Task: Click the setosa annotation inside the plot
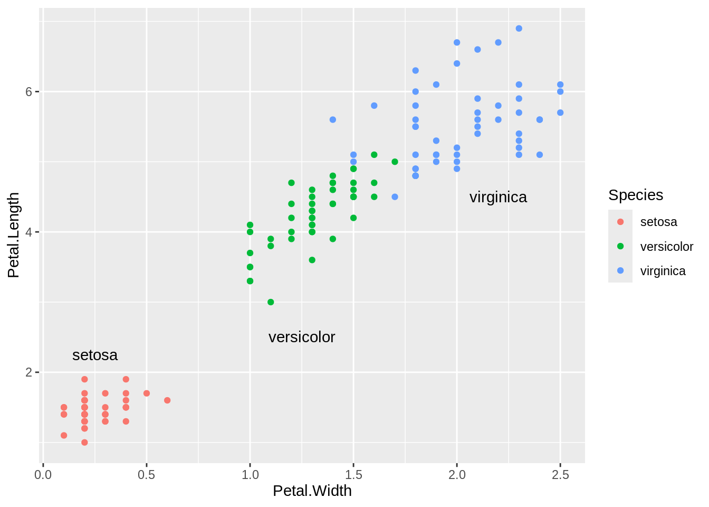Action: click(95, 355)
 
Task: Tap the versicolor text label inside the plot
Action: click(302, 337)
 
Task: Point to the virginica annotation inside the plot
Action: click(498, 197)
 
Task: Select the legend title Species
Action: click(636, 195)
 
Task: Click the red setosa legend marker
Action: click(620, 222)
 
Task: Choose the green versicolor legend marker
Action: click(620, 246)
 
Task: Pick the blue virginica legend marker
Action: click(620, 270)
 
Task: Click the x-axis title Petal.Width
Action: click(312, 491)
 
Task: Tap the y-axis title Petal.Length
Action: click(14, 235)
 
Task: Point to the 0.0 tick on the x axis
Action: click(43, 475)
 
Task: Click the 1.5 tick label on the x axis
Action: click(353, 475)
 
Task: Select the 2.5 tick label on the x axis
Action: click(560, 475)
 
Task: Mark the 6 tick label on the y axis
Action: click(29, 91)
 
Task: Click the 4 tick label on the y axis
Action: click(29, 232)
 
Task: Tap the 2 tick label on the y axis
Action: click(29, 372)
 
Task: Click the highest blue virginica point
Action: click(519, 29)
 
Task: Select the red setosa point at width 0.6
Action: click(167, 400)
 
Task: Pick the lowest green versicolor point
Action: click(271, 302)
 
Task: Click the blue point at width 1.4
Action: click(333, 120)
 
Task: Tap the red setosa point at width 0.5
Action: click(147, 393)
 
